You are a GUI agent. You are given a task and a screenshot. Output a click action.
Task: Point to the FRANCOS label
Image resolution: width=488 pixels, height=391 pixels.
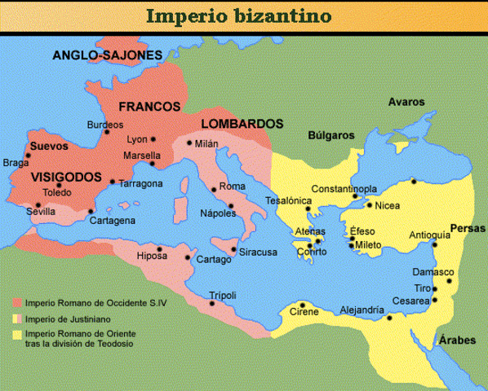click(x=149, y=107)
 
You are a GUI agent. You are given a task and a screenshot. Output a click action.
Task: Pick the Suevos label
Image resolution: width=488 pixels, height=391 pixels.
click(x=48, y=147)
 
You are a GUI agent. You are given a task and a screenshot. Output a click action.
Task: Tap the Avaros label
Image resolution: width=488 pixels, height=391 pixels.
click(x=406, y=102)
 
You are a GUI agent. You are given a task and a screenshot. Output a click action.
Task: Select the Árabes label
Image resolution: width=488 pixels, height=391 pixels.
click(x=456, y=340)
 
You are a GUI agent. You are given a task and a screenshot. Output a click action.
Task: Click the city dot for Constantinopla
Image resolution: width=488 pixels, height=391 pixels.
click(x=355, y=196)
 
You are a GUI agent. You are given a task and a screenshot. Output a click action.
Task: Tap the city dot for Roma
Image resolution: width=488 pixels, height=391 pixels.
click(x=214, y=190)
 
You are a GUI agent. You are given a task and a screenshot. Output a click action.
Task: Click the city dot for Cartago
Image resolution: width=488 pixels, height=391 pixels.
click(x=193, y=261)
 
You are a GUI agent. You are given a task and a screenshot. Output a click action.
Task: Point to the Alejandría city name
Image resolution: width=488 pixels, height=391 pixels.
click(x=361, y=310)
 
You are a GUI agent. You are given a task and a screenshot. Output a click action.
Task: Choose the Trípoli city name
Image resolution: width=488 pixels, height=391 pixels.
click(x=223, y=294)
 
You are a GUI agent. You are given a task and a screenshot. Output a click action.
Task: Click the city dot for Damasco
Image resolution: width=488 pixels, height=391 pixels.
click(x=449, y=282)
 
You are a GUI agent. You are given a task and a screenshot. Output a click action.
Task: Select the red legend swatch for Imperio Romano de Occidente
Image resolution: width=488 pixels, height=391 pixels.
click(x=17, y=301)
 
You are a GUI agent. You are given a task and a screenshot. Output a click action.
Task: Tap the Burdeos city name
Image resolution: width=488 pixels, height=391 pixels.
click(x=105, y=125)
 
